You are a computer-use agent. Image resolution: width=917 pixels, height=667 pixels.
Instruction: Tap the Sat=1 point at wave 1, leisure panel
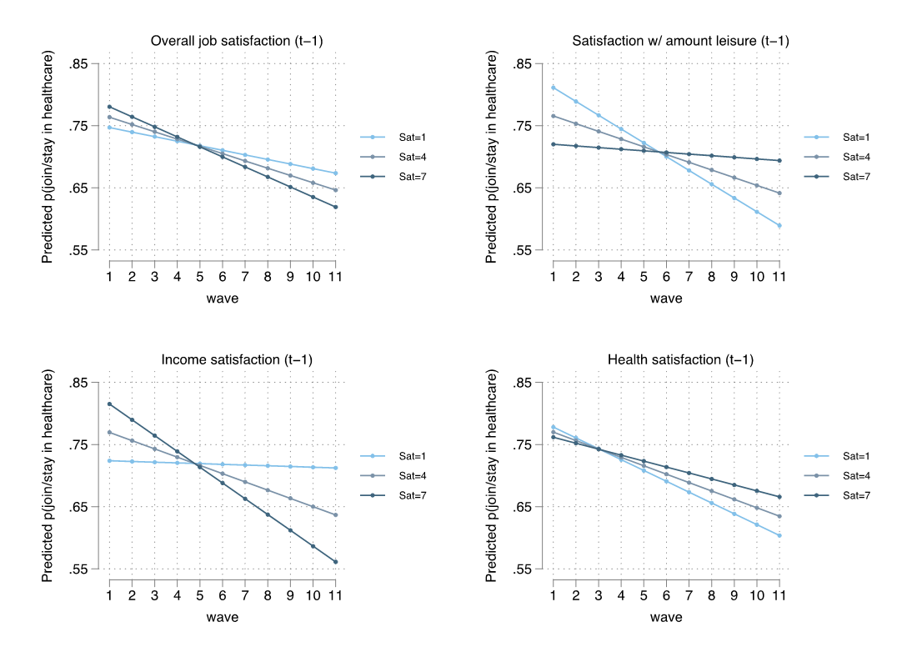click(553, 88)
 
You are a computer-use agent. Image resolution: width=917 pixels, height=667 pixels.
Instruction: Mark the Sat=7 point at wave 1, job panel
click(109, 107)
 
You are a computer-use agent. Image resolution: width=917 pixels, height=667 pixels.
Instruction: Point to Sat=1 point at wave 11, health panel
click(779, 535)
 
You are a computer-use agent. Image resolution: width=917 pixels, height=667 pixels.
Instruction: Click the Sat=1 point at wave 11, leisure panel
click(779, 225)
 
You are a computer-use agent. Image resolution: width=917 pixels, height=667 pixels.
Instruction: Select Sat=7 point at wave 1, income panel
click(109, 404)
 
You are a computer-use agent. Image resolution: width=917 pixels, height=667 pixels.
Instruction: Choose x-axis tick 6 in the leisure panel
click(665, 276)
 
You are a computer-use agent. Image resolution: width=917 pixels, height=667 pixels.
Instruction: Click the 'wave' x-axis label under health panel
click(666, 618)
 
